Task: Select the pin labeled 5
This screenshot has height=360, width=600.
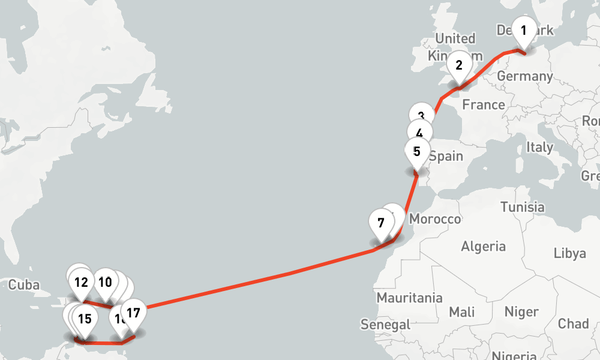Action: coord(417,152)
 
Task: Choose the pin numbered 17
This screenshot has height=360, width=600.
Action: coord(133,313)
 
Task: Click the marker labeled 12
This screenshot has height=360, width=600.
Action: coord(82,282)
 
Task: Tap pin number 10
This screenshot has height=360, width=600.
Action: coord(105,282)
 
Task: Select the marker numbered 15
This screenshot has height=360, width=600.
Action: coord(84,319)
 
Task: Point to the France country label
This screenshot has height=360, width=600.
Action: coord(484,105)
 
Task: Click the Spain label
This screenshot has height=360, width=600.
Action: coord(446,157)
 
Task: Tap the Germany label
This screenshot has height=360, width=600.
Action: coord(524,76)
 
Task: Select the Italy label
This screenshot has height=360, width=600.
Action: coord(539,147)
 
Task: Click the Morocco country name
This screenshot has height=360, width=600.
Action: coord(435,219)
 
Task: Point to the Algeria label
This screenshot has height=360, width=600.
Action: coord(483,246)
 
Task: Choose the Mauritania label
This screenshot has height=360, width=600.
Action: coord(409,298)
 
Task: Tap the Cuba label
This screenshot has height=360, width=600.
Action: coord(24,284)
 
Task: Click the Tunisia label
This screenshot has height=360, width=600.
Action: coord(522,208)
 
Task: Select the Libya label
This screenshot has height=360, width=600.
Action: coord(569,253)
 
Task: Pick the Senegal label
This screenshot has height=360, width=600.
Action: coord(385,325)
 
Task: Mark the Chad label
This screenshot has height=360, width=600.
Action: coord(573,324)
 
